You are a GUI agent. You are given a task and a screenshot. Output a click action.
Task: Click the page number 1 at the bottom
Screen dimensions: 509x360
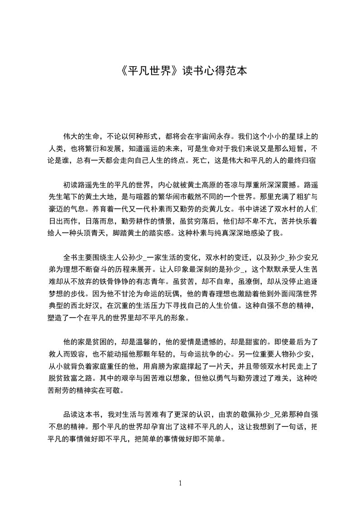(180, 483)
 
